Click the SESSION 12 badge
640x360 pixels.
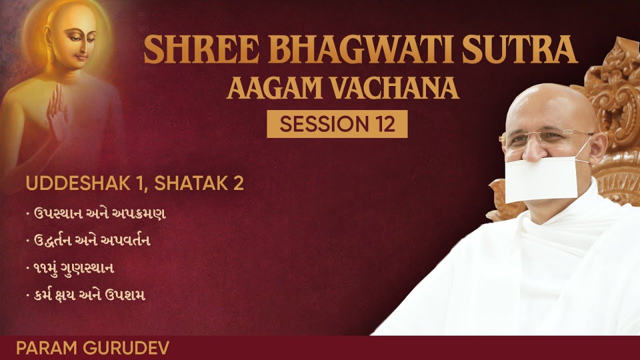[337, 124]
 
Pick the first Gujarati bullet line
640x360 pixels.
[95, 214]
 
